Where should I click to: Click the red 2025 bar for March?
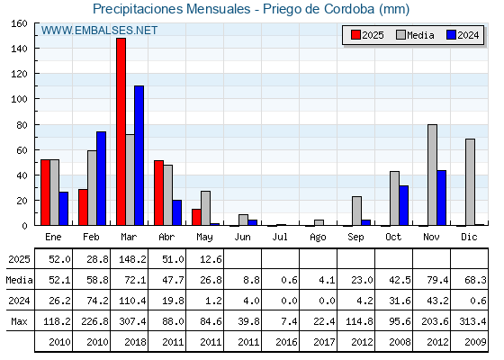[121, 131]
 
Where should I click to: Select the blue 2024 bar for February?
[101, 178]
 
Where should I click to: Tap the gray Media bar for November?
[432, 175]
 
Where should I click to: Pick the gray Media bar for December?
[470, 182]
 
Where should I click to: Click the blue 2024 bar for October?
[404, 205]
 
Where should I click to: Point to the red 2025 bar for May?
[196, 217]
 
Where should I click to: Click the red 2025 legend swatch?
[355, 35]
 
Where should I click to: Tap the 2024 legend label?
[468, 35]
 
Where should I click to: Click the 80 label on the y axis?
[22, 125]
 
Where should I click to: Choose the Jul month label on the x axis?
[280, 237]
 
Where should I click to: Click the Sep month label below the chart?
[355, 238]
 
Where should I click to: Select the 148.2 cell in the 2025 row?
[132, 259]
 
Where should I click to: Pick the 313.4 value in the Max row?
[472, 321]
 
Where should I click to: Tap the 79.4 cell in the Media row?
[437, 280]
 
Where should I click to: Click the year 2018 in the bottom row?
[135, 342]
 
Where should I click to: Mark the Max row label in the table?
[19, 321]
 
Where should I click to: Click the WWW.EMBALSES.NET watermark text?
[99, 31]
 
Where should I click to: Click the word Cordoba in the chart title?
[349, 9]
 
